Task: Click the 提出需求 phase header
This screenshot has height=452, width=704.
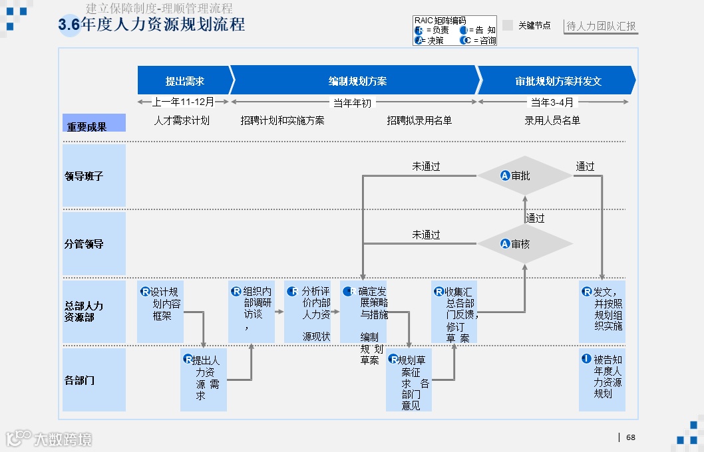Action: [x=184, y=80]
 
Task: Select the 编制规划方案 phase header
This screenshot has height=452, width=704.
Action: [x=357, y=80]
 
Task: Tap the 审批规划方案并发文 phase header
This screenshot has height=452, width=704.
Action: [x=558, y=80]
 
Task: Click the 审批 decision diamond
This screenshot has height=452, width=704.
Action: [x=525, y=175]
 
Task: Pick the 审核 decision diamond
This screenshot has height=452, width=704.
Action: [x=525, y=244]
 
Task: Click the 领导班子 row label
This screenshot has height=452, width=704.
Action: [x=94, y=176]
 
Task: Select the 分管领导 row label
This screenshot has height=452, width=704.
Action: [x=94, y=244]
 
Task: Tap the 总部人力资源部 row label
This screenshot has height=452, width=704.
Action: [x=94, y=311]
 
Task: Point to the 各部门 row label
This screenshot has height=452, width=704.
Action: [x=94, y=380]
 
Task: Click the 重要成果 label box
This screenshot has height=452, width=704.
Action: [x=94, y=124]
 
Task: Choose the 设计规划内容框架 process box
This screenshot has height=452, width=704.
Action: [x=160, y=311]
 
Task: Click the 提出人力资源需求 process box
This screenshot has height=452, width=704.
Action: [x=204, y=380]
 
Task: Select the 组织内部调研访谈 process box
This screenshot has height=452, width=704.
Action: [x=252, y=311]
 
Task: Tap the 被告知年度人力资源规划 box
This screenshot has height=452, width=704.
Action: [x=602, y=380]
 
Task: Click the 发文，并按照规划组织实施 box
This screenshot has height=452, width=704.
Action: [x=602, y=311]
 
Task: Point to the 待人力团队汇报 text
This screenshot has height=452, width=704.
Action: [x=601, y=27]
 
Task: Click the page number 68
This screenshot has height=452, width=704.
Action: [x=630, y=437]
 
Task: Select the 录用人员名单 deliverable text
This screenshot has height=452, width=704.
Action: [x=552, y=120]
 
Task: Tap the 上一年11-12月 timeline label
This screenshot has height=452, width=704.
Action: [x=183, y=102]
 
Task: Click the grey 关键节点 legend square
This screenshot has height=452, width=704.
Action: [x=508, y=25]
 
